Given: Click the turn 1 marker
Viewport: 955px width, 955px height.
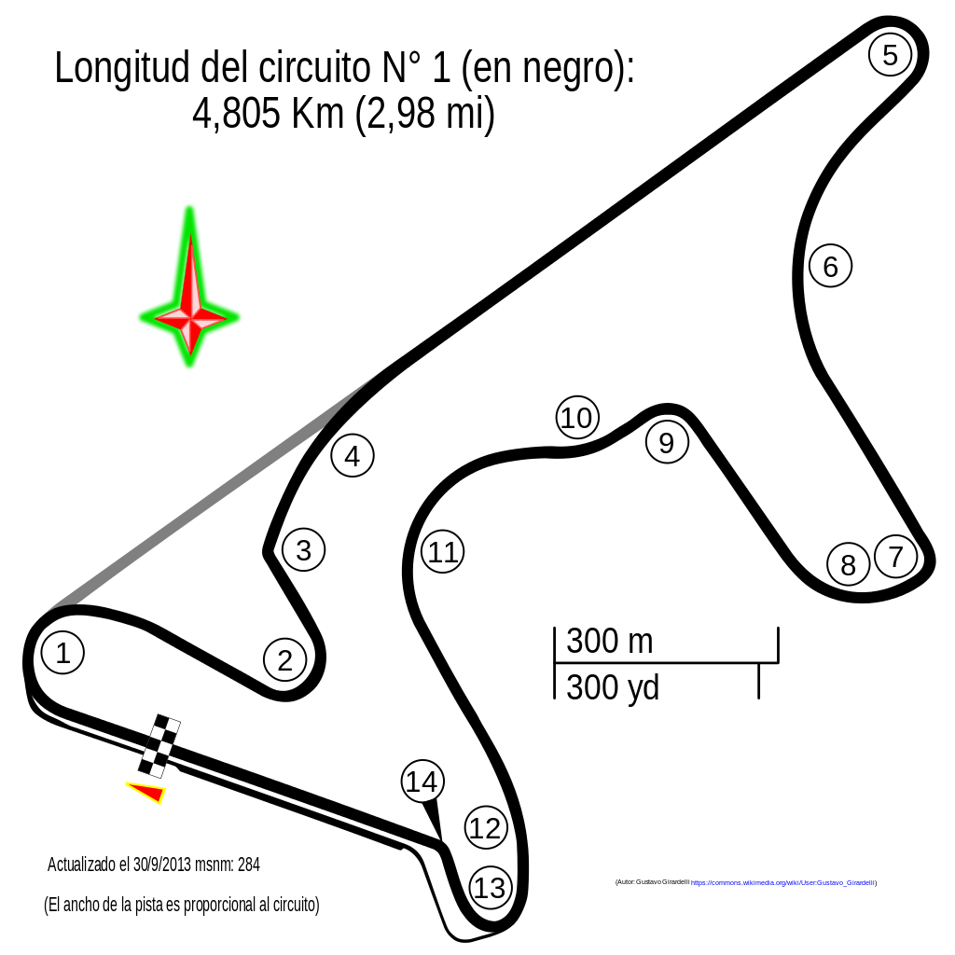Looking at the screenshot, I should click(x=62, y=652).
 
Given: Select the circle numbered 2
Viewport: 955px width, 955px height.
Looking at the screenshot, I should click(x=284, y=658).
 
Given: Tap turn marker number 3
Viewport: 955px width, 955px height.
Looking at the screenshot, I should click(x=302, y=548).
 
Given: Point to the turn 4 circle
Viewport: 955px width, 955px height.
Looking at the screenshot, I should click(x=351, y=455).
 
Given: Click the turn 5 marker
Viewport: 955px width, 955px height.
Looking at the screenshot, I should click(x=888, y=54).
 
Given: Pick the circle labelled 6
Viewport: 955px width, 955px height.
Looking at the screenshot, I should click(x=829, y=266).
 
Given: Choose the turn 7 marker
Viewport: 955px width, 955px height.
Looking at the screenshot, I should click(x=895, y=556).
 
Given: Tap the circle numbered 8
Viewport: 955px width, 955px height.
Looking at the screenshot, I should click(x=847, y=563).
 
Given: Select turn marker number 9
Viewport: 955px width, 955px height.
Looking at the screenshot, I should click(x=666, y=441).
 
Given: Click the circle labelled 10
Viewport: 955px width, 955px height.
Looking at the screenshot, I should click(x=576, y=417).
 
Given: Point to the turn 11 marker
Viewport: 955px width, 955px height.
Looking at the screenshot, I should click(x=441, y=551).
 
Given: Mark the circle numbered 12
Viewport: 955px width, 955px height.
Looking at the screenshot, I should click(x=485, y=826).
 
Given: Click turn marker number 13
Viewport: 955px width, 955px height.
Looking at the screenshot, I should click(x=490, y=887).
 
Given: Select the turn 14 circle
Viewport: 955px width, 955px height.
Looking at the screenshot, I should click(x=422, y=781).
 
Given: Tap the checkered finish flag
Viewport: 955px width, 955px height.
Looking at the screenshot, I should click(x=159, y=746).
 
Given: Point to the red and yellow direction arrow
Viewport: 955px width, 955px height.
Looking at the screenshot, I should click(x=149, y=792).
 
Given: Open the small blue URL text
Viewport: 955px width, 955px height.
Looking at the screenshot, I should click(x=782, y=883).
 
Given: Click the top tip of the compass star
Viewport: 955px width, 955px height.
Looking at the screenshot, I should click(x=189, y=209).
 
